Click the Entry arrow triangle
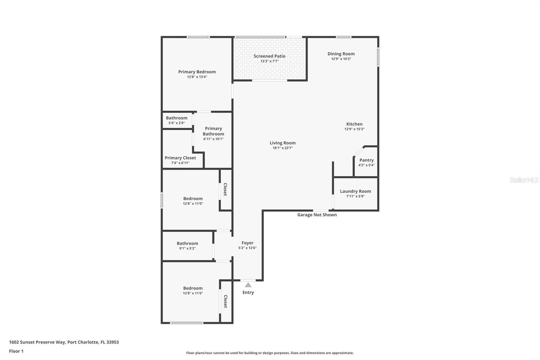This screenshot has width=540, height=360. tap(248, 285)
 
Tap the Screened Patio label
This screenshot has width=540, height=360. tap(269, 56)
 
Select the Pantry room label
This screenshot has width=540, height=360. tap(366, 160)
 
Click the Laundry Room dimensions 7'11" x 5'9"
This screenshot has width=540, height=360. tap(355, 196)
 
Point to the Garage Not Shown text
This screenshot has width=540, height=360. tap(317, 215)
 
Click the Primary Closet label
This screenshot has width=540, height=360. tap(180, 158)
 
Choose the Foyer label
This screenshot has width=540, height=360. tap(247, 243)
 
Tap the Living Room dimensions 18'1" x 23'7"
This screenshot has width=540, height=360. tap(282, 148)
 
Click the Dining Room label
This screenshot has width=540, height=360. tap(341, 54)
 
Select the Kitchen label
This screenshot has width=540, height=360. tap(354, 124)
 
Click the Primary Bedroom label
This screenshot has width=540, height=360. tap(197, 72)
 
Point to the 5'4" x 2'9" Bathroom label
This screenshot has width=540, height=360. tap(177, 118)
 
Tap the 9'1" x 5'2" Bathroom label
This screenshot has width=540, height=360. tap(187, 243)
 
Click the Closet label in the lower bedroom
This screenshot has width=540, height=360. tap(225, 301)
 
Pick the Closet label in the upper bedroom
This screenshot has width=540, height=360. tap(225, 189)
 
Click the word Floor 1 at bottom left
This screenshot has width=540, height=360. tap(16, 351)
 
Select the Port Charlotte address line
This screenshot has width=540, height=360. tap(64, 342)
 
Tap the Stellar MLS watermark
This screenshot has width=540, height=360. tap(524, 180)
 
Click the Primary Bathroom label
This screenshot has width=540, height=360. tap(213, 131)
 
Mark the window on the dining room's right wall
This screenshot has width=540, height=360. tap(378, 57)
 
